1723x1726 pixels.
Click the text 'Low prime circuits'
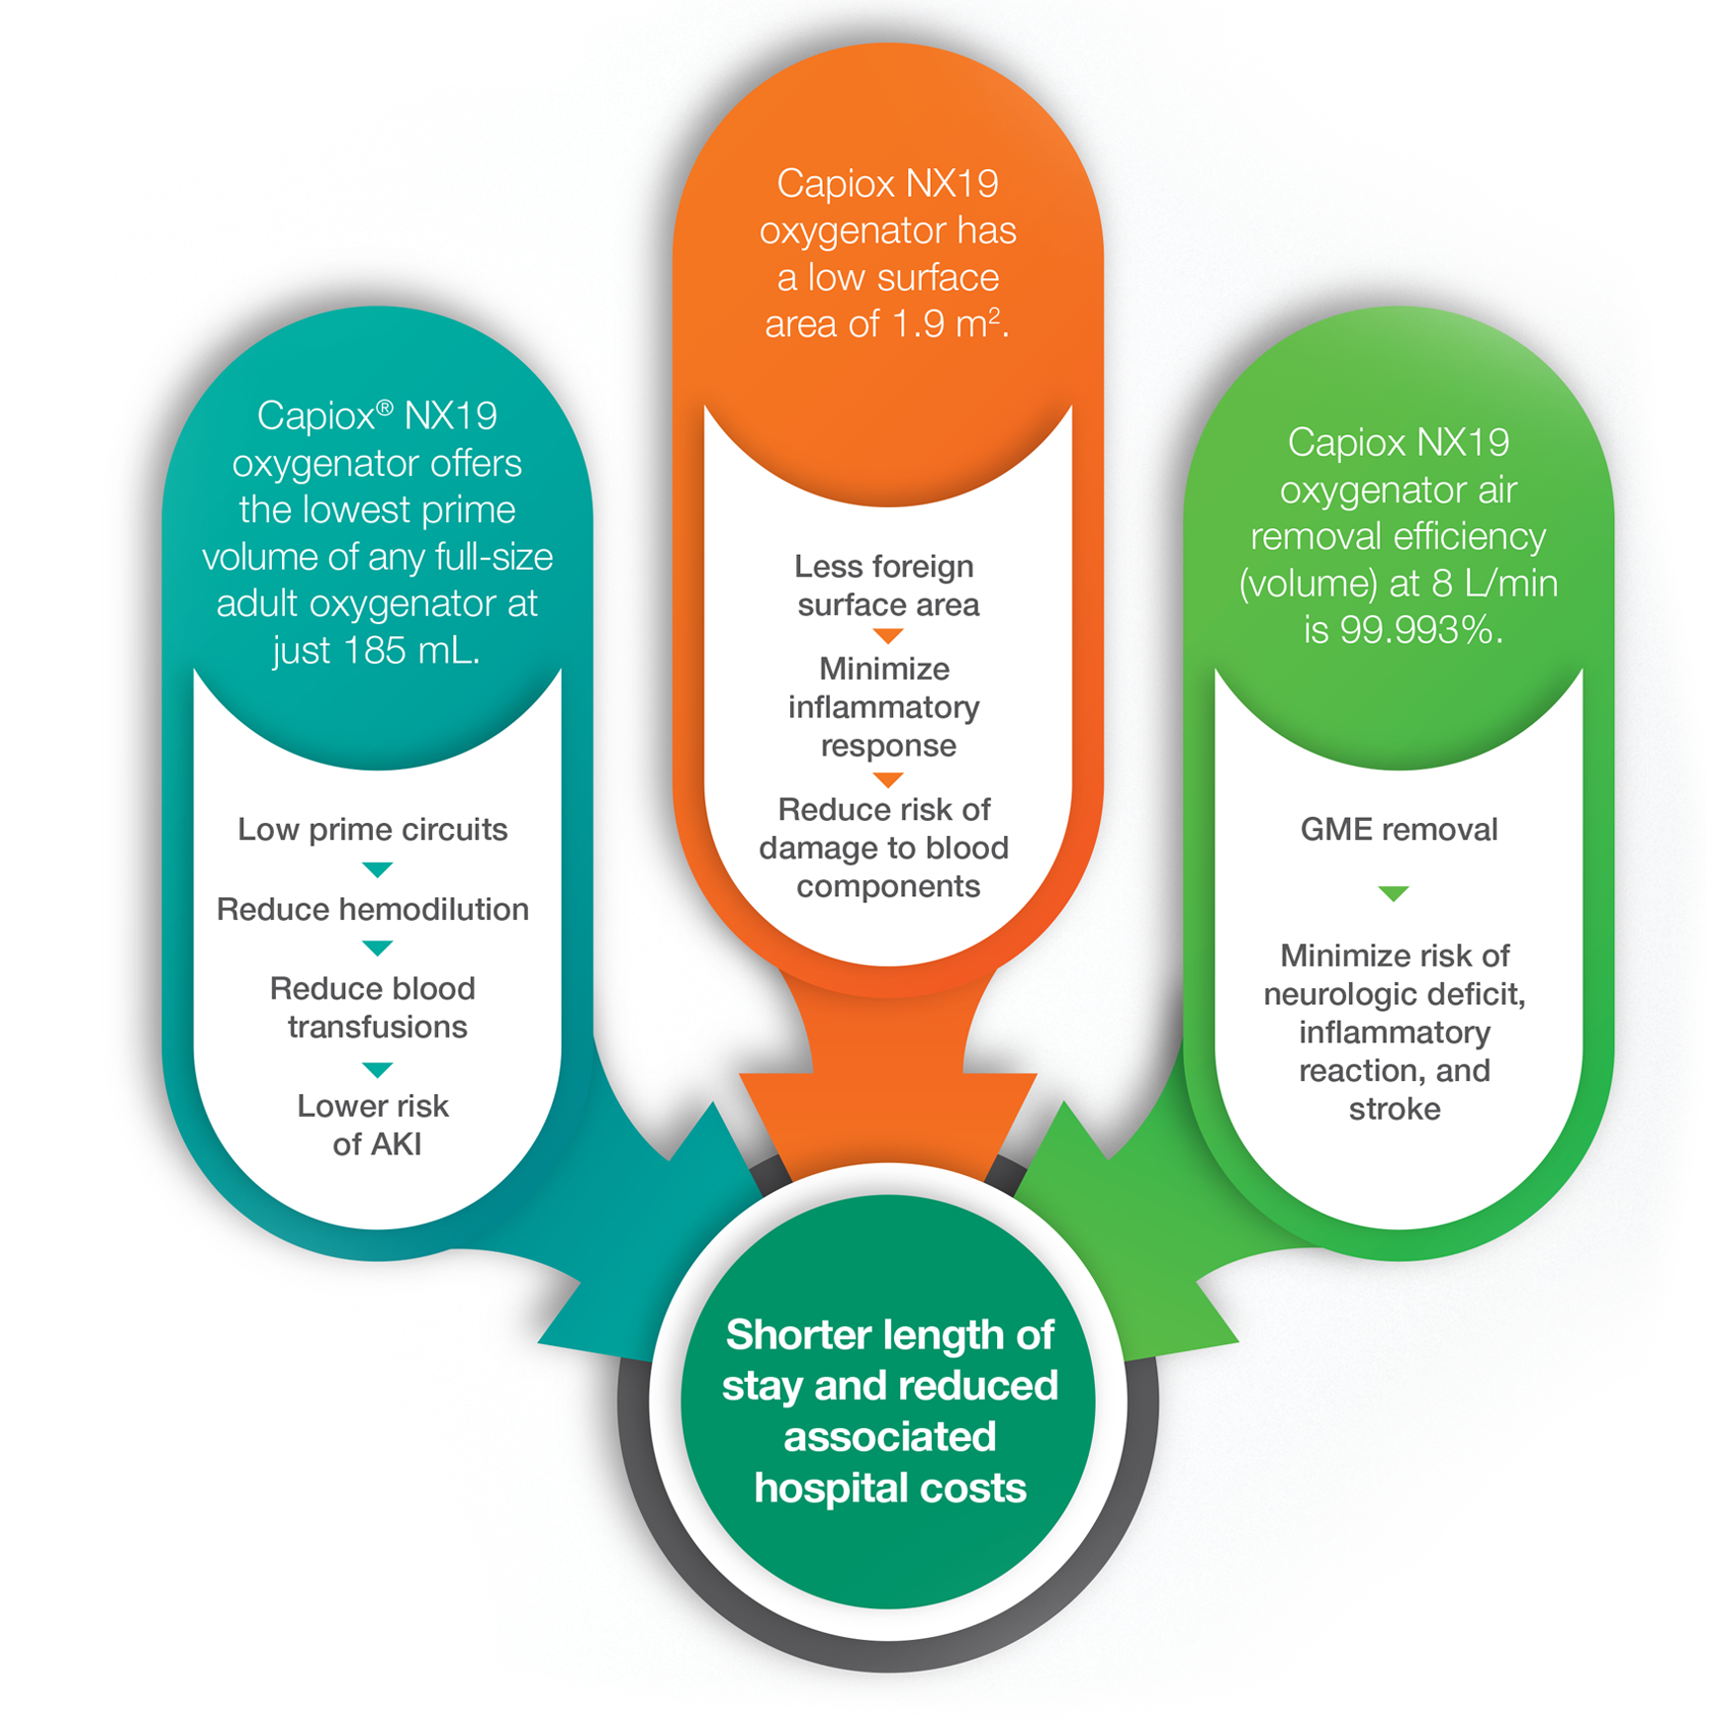(x=373, y=829)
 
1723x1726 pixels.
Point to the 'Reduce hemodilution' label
(x=373, y=909)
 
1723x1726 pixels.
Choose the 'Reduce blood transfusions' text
(x=375, y=1007)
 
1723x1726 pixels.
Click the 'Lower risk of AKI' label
(x=375, y=1125)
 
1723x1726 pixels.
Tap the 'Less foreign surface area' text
(x=887, y=585)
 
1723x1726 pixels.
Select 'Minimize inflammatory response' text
(x=885, y=706)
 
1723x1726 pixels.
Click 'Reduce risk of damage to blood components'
(x=885, y=848)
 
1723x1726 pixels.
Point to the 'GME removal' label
(x=1399, y=829)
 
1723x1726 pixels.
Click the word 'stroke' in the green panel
(x=1395, y=1109)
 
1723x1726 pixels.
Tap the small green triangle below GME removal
(x=1394, y=893)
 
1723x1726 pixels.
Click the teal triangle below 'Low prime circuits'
(x=378, y=869)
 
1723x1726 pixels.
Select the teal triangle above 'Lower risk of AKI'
(x=378, y=1069)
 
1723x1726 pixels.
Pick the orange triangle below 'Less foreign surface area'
(x=888, y=635)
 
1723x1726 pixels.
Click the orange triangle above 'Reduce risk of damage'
(x=888, y=779)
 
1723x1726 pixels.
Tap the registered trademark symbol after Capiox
(x=386, y=408)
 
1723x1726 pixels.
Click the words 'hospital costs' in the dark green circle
(x=890, y=1488)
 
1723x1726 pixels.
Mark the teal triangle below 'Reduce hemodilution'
(x=378, y=948)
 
